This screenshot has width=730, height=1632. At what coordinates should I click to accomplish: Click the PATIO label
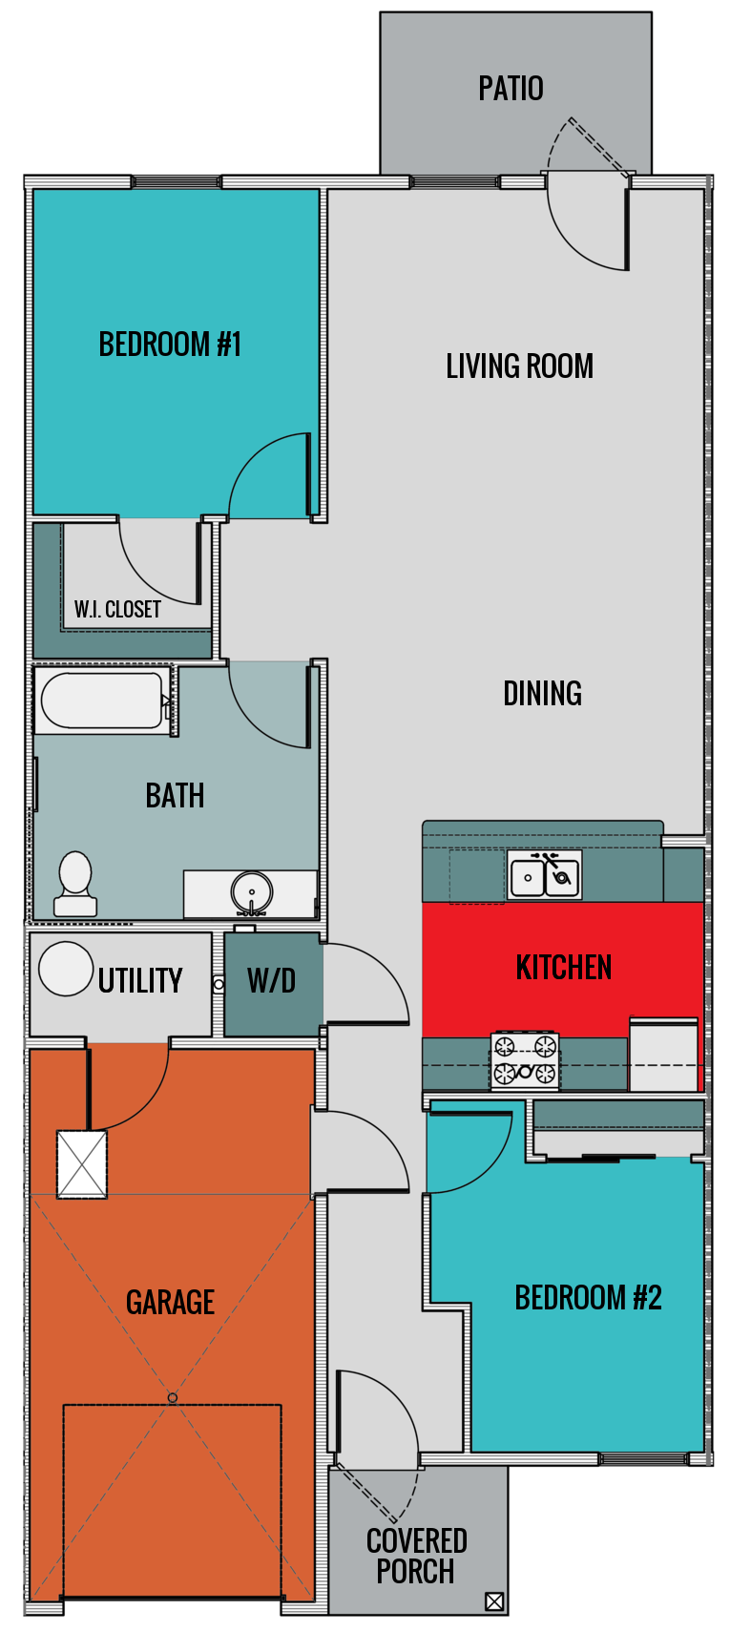511,89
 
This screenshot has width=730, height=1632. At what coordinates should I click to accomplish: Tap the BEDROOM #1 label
170,344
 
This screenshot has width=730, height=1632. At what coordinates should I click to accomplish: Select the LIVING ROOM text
519,366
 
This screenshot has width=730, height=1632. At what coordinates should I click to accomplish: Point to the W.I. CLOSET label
117,609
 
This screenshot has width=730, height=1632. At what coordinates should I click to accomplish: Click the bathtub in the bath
101,701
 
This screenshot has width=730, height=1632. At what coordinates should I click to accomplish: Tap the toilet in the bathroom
75,885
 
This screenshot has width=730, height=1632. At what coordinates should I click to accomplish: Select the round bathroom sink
252,893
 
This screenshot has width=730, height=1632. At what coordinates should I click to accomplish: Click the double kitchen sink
544,876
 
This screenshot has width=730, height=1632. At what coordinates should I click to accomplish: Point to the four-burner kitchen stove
525,1060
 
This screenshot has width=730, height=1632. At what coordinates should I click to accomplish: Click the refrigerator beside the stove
664,1056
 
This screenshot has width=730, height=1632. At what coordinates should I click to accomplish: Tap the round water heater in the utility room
66,969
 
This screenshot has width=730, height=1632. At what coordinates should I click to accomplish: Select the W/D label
272,981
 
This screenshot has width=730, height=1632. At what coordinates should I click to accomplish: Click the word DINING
542,694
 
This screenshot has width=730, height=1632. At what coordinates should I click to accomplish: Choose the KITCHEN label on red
563,967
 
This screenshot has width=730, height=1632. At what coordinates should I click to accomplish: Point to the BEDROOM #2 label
588,1298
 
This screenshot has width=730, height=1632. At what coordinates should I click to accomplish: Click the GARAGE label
171,1302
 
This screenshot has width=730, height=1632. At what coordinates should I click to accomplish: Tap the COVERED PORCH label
416,1556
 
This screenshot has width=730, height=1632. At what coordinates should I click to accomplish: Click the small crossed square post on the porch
494,1601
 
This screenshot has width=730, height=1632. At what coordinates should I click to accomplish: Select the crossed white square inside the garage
82,1163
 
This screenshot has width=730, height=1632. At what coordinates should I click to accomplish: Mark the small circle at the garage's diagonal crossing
173,1397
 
